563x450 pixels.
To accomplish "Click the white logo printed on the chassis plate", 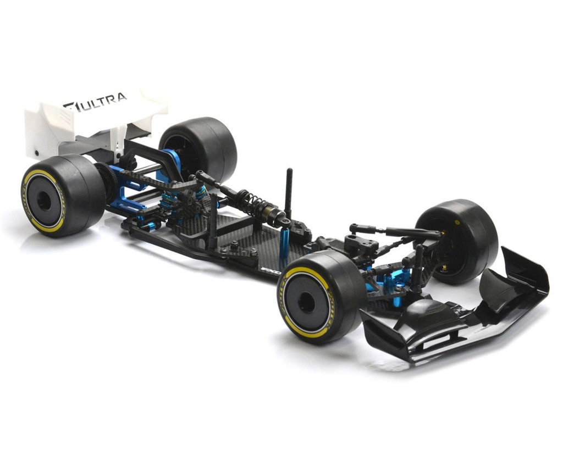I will [x=271, y=271].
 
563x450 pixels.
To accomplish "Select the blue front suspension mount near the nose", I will [x=396, y=283].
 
